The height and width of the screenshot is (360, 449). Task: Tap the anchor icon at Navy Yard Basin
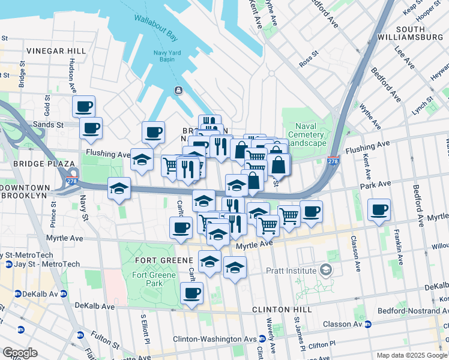click(x=178, y=90)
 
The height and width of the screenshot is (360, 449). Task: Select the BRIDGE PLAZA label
click(x=38, y=163)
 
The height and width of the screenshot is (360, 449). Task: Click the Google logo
click(x=20, y=353)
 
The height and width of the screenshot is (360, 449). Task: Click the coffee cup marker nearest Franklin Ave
click(x=379, y=211)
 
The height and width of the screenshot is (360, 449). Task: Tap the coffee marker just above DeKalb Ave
click(x=191, y=293)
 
